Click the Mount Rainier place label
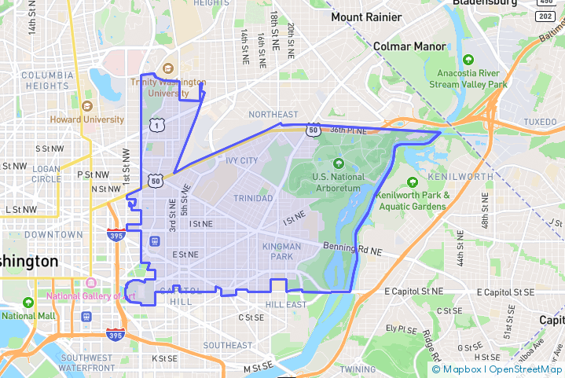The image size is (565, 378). click(x=368, y=17)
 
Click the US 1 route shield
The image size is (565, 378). click(x=160, y=125)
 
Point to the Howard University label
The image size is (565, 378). click(x=86, y=119)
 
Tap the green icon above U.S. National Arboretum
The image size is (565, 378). click(x=338, y=163)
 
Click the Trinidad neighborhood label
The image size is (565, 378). click(x=253, y=198)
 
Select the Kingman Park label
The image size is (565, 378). click(x=282, y=251)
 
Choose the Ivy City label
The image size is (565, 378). click(x=241, y=160)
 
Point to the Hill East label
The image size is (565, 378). click(x=285, y=304)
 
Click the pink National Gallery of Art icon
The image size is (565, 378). click(x=91, y=283)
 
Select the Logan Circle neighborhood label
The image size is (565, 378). click(x=46, y=174)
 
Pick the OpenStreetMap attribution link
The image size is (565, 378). click(x=525, y=369)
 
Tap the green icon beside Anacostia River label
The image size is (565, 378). click(x=468, y=60)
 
